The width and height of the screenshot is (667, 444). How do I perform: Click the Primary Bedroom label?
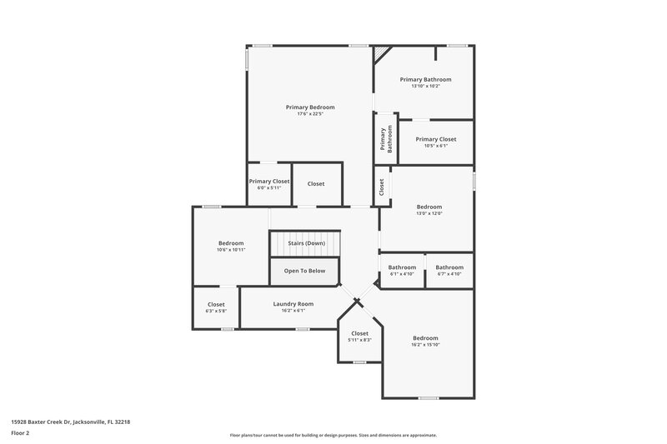coord(310,107)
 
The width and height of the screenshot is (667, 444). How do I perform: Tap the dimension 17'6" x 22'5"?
coord(310,114)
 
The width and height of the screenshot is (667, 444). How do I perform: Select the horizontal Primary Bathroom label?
coord(424,79)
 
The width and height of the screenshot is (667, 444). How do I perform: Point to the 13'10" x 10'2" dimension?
coord(424,86)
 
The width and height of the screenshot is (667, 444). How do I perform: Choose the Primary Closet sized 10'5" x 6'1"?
coord(436,139)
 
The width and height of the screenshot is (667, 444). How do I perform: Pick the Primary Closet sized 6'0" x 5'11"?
coord(269,181)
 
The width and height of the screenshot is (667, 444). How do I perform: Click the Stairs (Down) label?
coord(306,243)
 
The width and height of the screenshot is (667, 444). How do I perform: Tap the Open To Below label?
coord(304,271)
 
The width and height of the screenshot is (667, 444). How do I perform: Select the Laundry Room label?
coord(293,304)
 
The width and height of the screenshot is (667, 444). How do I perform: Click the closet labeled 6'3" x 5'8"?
coord(216,305)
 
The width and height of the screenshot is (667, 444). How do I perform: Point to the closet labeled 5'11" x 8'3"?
coord(359,333)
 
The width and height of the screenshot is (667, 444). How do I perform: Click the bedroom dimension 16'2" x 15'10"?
coord(425,344)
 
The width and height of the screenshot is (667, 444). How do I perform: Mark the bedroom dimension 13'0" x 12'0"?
coord(429,213)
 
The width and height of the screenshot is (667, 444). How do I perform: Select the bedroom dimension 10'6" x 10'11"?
coord(231,250)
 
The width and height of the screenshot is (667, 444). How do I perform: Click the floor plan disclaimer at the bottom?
coord(333,435)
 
